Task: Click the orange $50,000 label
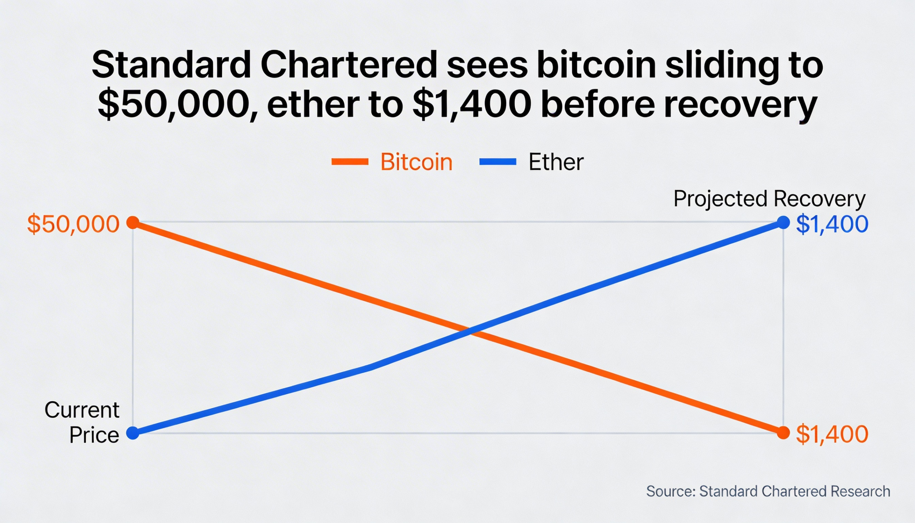coord(73,224)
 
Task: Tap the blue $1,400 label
coord(832,224)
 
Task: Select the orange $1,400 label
coord(832,434)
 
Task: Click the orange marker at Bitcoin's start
coord(133,223)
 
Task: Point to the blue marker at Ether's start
coord(133,433)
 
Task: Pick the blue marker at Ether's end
coord(783,223)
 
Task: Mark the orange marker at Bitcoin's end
coord(783,433)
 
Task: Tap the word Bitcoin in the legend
coord(416,162)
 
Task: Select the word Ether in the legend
coord(556,162)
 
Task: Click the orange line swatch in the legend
coord(350,162)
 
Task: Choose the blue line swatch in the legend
coord(498,162)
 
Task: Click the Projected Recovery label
coord(769,199)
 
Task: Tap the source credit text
coord(768,492)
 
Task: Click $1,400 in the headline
coord(471,105)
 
